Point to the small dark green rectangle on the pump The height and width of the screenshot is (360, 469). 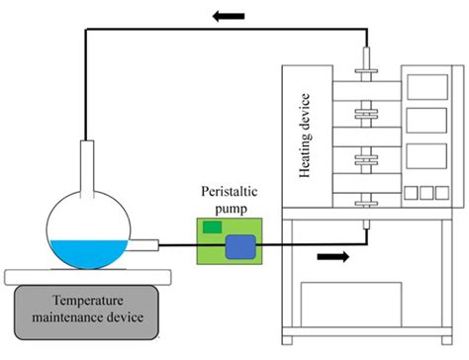point(212,228)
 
